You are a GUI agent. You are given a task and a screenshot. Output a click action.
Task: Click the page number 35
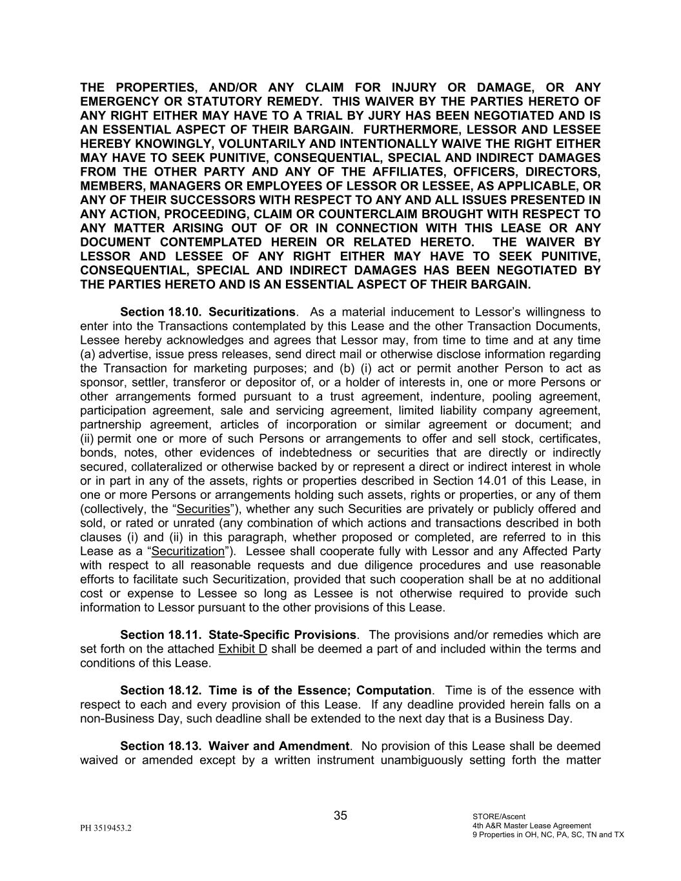[340, 816]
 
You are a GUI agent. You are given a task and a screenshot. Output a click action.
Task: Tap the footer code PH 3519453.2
[106, 827]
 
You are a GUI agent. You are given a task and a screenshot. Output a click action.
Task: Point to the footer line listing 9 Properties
[548, 835]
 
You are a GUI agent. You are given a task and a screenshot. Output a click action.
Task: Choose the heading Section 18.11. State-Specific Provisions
[238, 634]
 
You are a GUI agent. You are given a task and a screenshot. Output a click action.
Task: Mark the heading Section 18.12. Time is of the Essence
[276, 691]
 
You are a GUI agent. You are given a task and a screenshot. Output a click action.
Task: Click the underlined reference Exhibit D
[243, 649]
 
